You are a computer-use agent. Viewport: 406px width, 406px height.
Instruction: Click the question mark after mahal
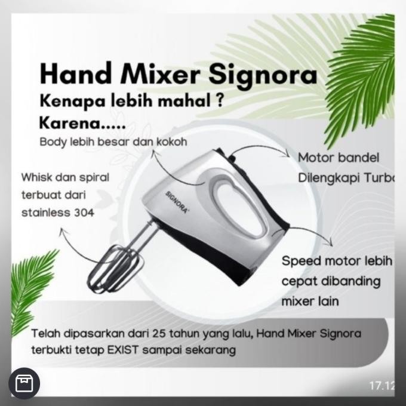click(x=220, y=101)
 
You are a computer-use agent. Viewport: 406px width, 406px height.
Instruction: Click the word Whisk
click(x=36, y=178)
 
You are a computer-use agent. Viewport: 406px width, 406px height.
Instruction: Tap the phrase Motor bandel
click(x=338, y=158)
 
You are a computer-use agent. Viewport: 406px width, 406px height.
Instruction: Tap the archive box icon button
click(x=24, y=383)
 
